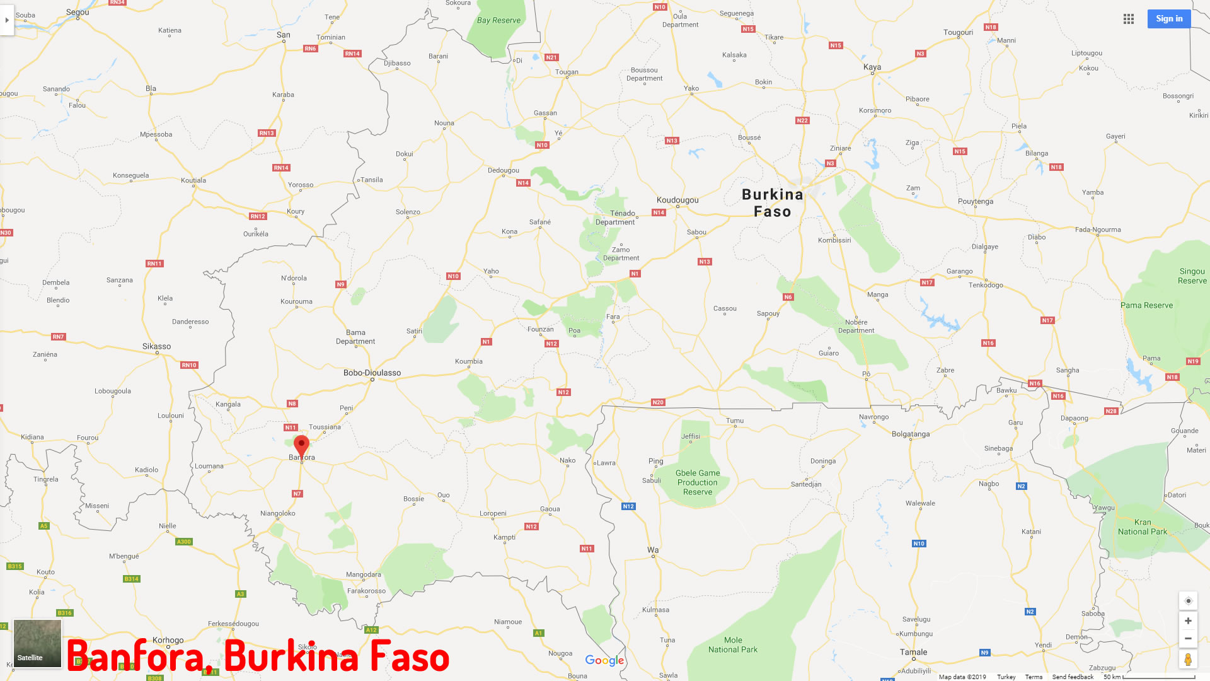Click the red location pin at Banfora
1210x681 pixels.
pos(302,445)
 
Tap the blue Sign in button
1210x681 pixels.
pos(1168,19)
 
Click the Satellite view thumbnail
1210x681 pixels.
pos(38,643)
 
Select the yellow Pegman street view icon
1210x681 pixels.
pos(1188,660)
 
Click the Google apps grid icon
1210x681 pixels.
pos(1129,19)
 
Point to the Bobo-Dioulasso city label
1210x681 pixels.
pos(372,373)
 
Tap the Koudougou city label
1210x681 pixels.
pos(677,200)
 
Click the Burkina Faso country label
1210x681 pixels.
pos(773,203)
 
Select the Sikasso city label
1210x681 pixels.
pos(156,346)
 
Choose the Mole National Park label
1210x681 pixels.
pos(733,644)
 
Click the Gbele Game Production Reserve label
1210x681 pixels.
pos(698,482)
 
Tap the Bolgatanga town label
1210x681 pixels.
pos(911,434)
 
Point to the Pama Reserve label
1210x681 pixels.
pos(1146,305)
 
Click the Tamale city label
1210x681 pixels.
pos(913,652)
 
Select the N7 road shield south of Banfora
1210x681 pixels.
pos(297,494)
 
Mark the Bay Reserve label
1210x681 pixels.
pos(498,20)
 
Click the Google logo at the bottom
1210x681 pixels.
pos(604,660)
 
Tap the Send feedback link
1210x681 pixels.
pos(1073,677)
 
